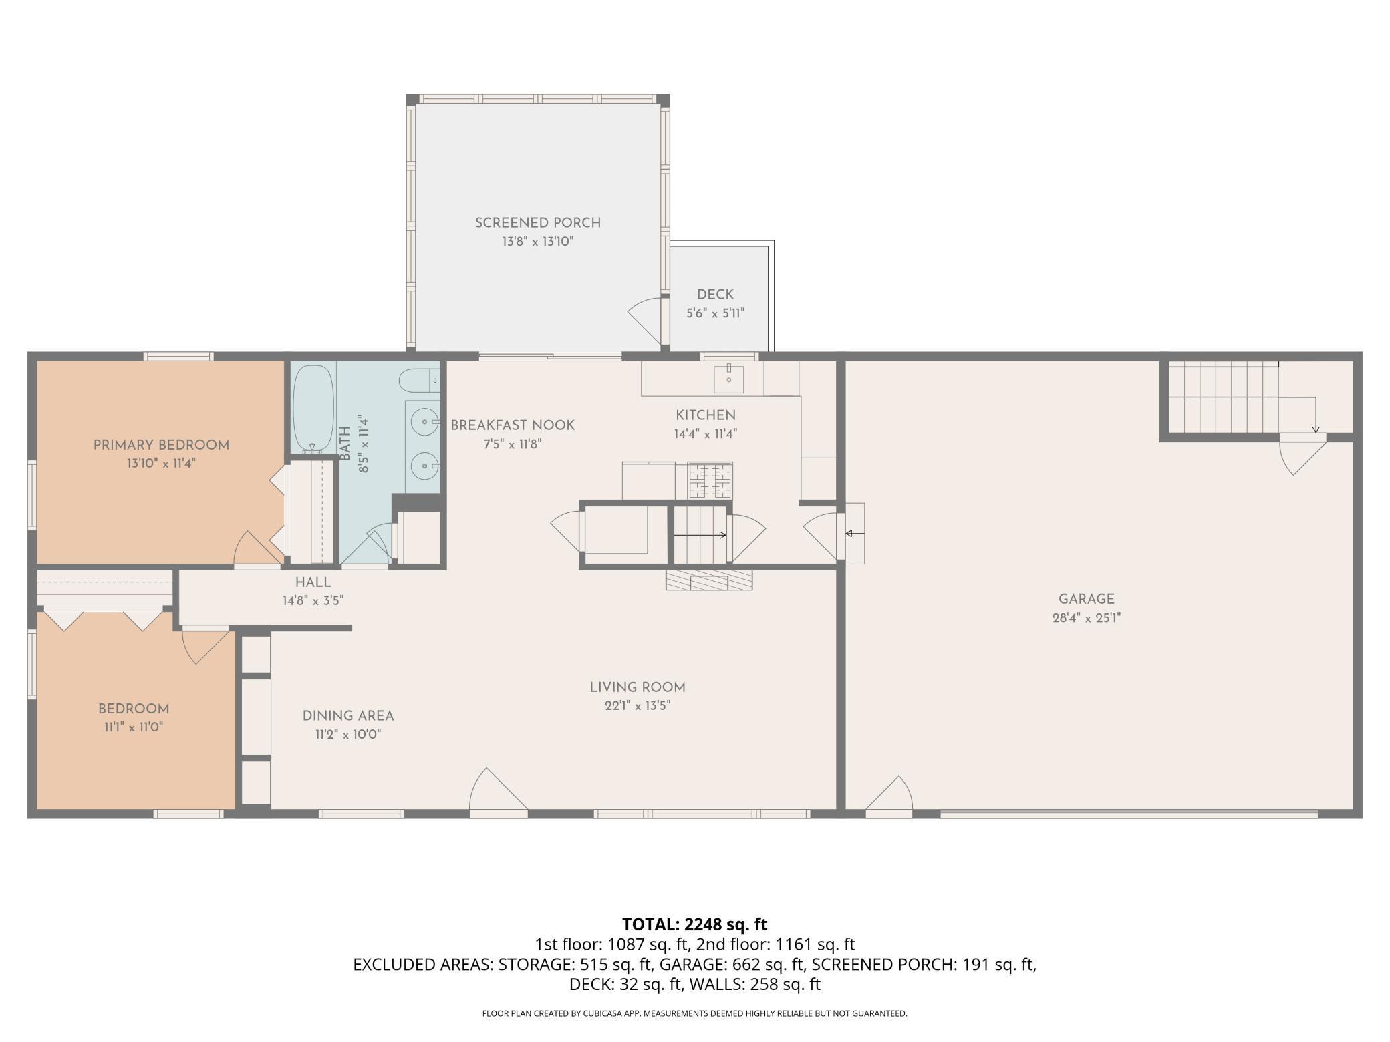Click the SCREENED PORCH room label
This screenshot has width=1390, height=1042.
coord(538,223)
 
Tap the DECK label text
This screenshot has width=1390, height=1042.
coord(715,295)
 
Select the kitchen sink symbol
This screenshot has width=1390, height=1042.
coord(728,379)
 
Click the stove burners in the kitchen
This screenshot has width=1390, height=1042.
coord(710,480)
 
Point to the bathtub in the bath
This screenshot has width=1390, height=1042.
coord(313,408)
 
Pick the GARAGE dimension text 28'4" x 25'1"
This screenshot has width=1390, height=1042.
coord(1086,618)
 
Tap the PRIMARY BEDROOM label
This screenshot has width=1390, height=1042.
coord(161,445)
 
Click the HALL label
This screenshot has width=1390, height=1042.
coord(313,582)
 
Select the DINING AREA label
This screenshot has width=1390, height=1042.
coord(348,716)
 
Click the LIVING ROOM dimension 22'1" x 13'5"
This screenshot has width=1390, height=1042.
coord(638,705)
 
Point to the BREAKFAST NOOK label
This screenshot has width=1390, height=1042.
coord(513,425)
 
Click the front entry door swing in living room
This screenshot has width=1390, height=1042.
coord(499,793)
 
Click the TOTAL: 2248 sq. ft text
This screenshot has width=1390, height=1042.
coord(695,924)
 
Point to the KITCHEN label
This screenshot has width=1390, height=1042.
coord(706,415)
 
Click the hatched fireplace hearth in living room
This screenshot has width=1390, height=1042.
coord(709,580)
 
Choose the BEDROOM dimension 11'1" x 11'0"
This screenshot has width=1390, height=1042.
coord(134,727)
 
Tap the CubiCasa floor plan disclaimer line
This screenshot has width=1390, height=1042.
coord(695,1013)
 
